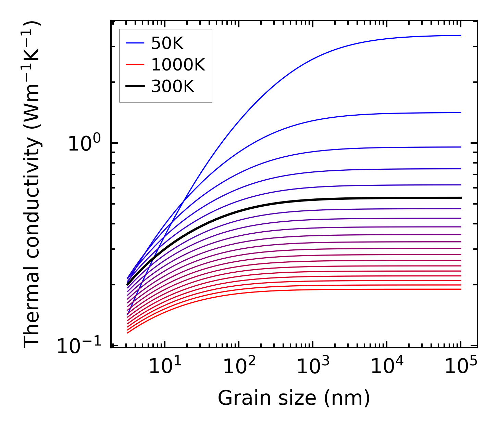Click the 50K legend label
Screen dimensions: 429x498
[167, 43]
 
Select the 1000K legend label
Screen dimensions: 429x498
[178, 65]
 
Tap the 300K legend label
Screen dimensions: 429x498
[173, 87]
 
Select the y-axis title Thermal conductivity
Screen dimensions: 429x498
[33, 185]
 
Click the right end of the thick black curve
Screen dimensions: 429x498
[461, 198]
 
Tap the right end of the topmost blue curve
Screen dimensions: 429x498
[461, 35]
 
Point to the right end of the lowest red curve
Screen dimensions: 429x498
[461, 289]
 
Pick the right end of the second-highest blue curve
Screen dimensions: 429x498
[461, 113]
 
